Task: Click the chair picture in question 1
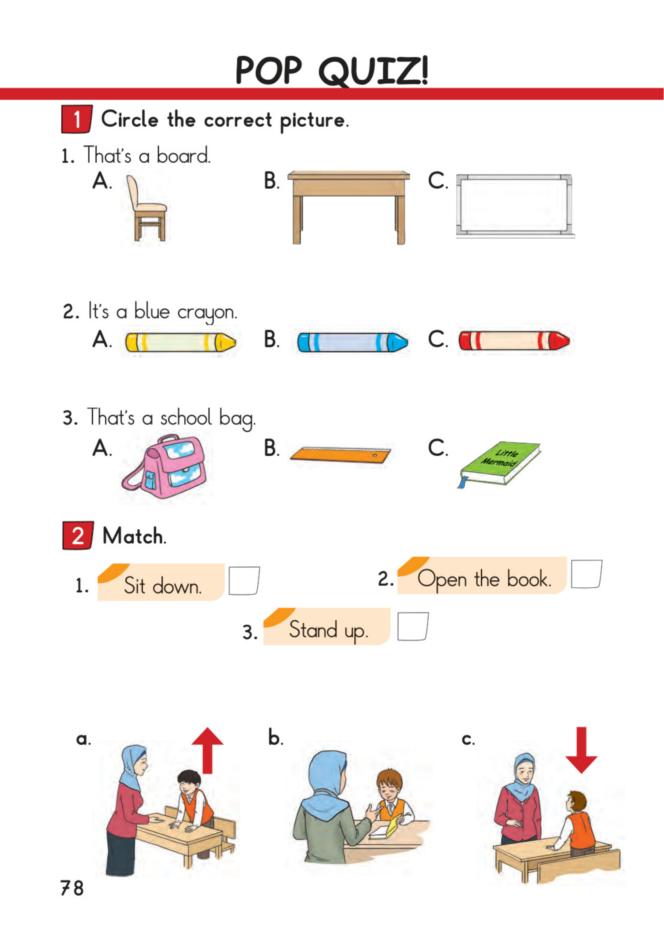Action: coord(146,208)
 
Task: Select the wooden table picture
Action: coord(349,207)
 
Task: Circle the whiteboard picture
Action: coord(515,206)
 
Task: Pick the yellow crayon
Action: coord(181,342)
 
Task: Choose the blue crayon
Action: coord(353,342)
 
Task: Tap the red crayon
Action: coord(514,341)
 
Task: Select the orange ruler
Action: coord(340,454)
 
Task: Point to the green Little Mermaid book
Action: coord(499,464)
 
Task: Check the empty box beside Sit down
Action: coord(244,580)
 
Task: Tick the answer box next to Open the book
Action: coord(586,574)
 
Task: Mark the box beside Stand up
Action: coord(413,626)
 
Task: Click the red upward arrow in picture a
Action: coord(207,751)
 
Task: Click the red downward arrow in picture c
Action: coord(581,750)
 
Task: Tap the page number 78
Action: coord(72,888)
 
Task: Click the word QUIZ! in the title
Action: coord(373,71)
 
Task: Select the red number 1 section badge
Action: coord(77,119)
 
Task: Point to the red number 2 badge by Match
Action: coord(78,535)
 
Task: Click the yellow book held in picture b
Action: coord(393,825)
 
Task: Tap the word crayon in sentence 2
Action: coord(207,313)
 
